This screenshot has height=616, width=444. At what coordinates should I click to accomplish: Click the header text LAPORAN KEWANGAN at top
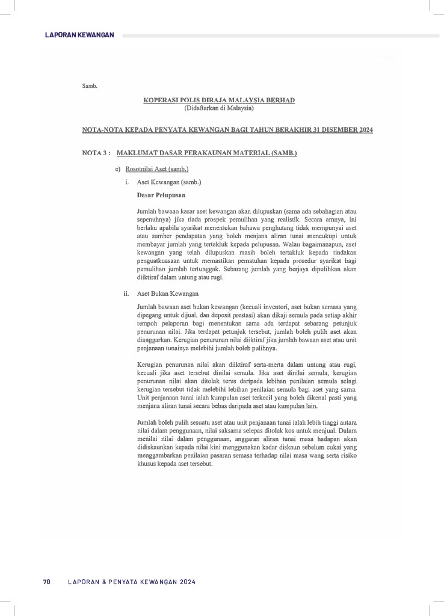point(79,35)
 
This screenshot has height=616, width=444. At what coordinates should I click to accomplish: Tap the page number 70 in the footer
point(46,582)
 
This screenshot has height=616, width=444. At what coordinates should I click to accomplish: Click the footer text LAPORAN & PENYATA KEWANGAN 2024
point(132,582)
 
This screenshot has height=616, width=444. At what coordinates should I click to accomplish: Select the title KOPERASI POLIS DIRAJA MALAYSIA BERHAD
point(219,100)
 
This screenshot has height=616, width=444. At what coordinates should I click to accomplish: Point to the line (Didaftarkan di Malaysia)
point(219,108)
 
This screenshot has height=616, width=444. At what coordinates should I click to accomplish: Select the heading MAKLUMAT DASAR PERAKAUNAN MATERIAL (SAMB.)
point(207,153)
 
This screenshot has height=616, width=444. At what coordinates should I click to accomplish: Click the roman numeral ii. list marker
point(126,294)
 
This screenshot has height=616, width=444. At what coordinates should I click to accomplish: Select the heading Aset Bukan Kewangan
point(168,294)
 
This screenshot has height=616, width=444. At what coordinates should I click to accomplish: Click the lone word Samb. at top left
point(90,86)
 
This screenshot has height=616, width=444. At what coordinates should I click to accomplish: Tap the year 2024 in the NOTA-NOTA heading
point(363,130)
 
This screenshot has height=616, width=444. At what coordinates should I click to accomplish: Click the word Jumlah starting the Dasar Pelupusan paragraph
point(147,212)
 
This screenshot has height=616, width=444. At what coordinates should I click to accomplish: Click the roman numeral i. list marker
point(127,182)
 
